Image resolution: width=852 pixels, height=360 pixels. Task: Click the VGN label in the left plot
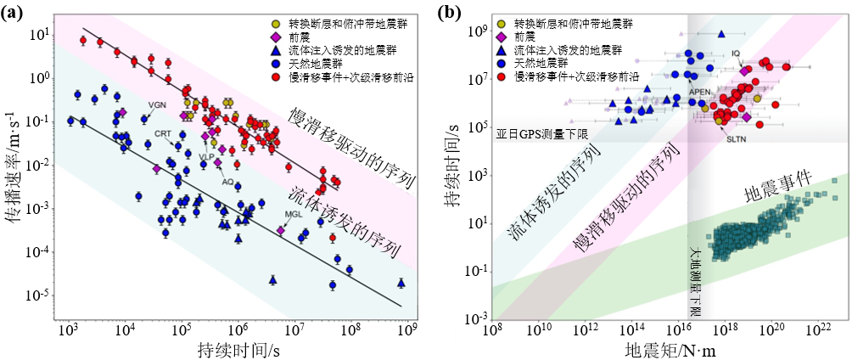157,105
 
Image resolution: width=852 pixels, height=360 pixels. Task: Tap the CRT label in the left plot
164,133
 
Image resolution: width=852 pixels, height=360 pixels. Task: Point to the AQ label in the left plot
227,182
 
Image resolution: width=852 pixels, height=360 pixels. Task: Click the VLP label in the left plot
207,157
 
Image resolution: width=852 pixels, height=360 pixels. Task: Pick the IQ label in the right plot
737,53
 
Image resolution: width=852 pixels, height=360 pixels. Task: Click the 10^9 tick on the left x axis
406,329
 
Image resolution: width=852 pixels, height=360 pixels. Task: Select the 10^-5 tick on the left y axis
38,295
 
